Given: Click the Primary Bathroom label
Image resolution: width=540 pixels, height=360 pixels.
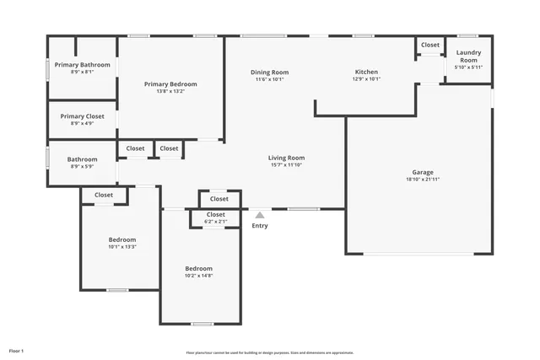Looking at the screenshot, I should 83,65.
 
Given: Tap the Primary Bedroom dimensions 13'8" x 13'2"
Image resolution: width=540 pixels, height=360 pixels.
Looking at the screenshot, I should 170,91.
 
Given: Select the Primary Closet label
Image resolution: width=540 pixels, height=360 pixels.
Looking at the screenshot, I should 83,116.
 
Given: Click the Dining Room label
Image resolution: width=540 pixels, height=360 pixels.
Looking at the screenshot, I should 270,73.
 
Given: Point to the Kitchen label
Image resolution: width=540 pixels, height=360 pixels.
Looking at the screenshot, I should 366,73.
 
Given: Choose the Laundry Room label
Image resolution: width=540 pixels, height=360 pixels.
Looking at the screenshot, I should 467,56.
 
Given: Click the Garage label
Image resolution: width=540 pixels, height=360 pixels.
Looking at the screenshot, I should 423,172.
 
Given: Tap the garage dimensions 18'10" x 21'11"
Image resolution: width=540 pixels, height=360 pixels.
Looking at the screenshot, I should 423,179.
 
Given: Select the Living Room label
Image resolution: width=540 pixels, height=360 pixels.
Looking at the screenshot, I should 286,158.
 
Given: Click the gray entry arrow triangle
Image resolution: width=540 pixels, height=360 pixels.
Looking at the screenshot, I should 260,216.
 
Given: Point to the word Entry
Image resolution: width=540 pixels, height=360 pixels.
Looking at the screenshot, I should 260,225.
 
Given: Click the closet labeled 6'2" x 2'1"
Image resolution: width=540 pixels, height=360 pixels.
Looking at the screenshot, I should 216,218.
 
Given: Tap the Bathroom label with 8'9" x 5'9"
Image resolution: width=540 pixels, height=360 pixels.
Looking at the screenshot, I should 83,159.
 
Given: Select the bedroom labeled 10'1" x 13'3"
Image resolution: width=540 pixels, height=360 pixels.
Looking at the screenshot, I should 122,243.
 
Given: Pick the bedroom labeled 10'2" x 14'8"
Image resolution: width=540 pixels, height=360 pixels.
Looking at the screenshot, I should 199,271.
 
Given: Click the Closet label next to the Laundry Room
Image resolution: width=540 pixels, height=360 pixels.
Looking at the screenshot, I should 430,45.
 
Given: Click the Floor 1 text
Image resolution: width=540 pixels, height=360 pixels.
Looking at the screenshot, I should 17,350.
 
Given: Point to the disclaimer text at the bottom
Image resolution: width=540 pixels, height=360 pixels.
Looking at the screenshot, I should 270,353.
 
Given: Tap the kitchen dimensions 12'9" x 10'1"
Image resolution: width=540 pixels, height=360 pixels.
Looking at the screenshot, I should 366,79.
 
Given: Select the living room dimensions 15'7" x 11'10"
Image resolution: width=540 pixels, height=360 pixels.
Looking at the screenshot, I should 286,165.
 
